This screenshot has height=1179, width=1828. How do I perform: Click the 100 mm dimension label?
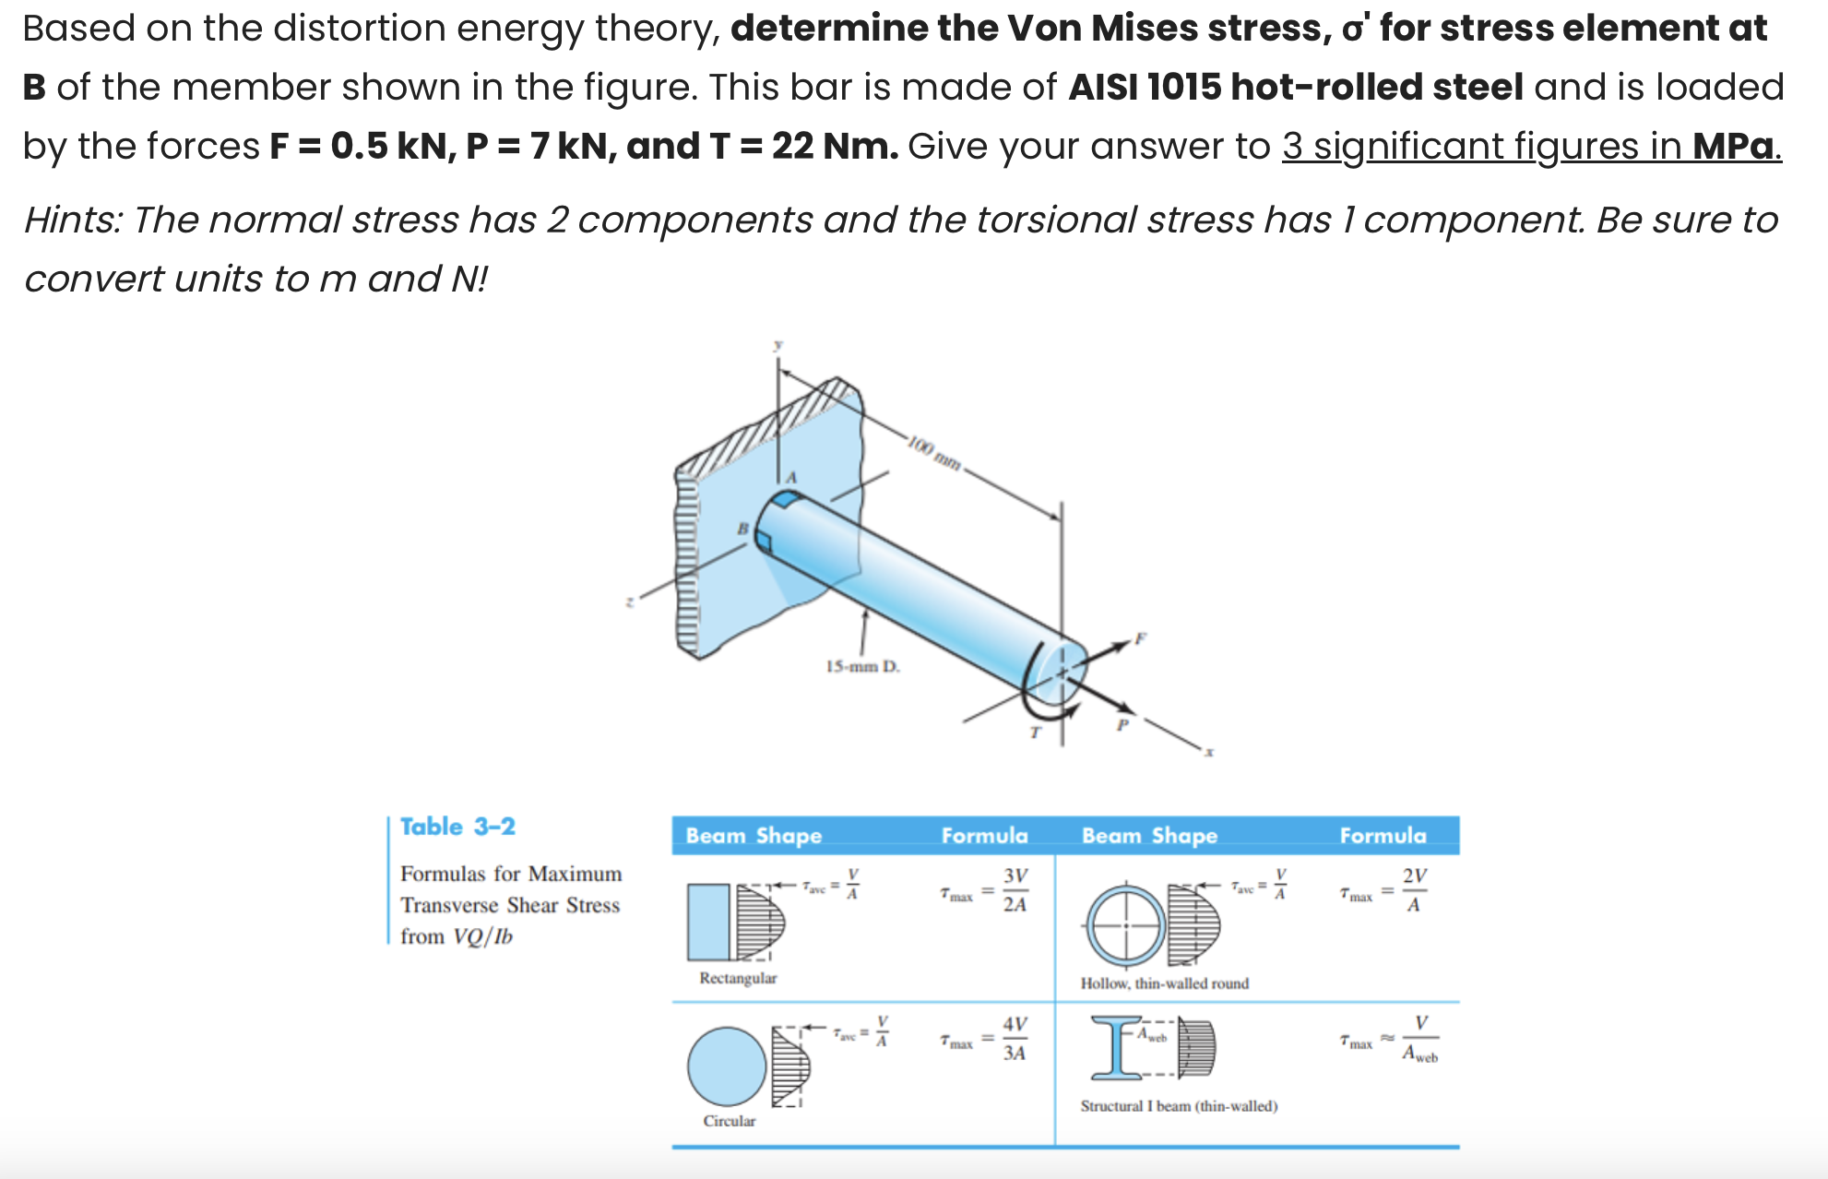[934, 452]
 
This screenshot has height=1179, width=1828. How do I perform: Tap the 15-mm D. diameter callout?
[862, 666]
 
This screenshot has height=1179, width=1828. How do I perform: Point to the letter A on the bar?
[790, 477]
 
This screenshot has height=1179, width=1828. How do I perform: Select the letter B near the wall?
[742, 529]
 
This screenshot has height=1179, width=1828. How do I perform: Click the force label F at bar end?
[1140, 637]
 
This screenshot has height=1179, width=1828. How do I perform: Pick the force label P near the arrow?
[1122, 725]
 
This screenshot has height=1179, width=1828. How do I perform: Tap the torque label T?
[1035, 732]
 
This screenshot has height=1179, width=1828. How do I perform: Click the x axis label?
[1209, 753]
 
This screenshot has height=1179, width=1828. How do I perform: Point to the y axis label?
[777, 344]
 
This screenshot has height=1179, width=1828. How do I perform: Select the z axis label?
[630, 601]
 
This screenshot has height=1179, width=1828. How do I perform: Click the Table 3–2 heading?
[457, 827]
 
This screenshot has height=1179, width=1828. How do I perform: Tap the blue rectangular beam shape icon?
[708, 922]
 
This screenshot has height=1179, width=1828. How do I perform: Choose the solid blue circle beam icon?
[727, 1066]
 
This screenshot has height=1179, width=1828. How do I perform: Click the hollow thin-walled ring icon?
[1125, 925]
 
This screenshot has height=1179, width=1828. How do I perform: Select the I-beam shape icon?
[1116, 1047]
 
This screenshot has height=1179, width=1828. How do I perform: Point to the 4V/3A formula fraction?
[1015, 1039]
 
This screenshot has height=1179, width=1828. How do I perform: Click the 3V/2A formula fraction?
[1015, 890]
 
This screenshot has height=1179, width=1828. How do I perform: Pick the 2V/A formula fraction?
[1414, 890]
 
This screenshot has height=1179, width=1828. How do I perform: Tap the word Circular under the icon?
[729, 1121]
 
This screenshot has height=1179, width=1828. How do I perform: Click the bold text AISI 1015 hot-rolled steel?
[1296, 88]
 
